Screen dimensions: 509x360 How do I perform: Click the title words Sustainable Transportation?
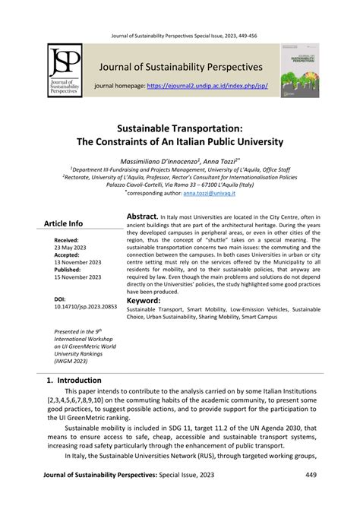[179, 128]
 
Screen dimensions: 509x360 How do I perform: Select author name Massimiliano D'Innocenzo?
[157, 162]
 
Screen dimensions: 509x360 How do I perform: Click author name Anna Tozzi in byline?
[219, 162]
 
